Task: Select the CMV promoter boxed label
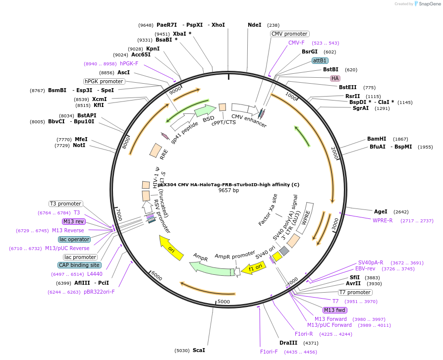click(289, 34)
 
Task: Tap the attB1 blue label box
click(320, 60)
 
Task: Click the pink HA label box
click(335, 78)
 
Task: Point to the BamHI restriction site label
click(377, 139)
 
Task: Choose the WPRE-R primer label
click(383, 220)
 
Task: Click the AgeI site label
click(381, 211)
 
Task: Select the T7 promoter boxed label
click(355, 292)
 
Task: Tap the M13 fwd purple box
click(335, 310)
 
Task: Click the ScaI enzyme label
click(199, 350)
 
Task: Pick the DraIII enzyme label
click(288, 343)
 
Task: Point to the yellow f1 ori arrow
click(257, 268)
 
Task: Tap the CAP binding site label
click(79, 265)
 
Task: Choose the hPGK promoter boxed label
click(104, 81)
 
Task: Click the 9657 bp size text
click(228, 190)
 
